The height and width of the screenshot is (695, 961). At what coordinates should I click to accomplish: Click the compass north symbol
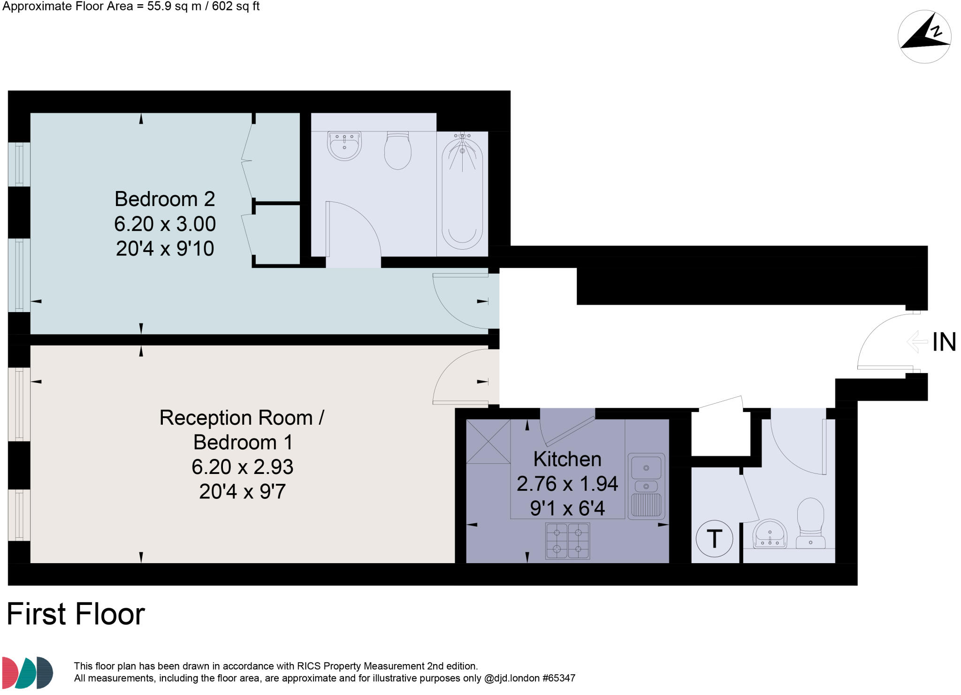pyautogui.click(x=924, y=36)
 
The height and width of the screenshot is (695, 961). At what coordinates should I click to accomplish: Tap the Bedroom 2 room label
pyautogui.click(x=165, y=199)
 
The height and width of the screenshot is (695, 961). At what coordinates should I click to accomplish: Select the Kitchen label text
pyautogui.click(x=567, y=459)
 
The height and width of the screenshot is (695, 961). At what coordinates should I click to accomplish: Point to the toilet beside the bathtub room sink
pyautogui.click(x=397, y=150)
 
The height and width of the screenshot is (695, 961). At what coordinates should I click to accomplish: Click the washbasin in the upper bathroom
pyautogui.click(x=344, y=145)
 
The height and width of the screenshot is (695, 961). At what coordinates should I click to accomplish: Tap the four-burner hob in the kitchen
pyautogui.click(x=567, y=541)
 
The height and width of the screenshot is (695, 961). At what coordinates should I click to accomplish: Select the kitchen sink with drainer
pyautogui.click(x=646, y=486)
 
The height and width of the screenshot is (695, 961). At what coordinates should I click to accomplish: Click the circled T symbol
pyautogui.click(x=714, y=538)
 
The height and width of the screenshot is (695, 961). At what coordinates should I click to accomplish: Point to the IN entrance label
pyautogui.click(x=944, y=342)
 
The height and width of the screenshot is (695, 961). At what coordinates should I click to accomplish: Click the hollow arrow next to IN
pyautogui.click(x=917, y=342)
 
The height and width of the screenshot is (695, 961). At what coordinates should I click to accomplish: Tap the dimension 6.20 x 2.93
pyautogui.click(x=242, y=467)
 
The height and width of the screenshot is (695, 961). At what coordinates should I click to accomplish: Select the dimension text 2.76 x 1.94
pyautogui.click(x=567, y=484)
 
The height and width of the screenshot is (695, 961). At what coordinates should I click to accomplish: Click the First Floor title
pyautogui.click(x=76, y=614)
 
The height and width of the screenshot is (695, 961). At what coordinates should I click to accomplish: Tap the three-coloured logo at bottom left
pyautogui.click(x=27, y=672)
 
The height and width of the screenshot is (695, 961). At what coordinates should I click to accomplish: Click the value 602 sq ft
pyautogui.click(x=236, y=7)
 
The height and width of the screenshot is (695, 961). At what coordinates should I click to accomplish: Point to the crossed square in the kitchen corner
pyautogui.click(x=488, y=441)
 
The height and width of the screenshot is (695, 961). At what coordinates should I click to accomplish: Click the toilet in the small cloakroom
pyautogui.click(x=810, y=523)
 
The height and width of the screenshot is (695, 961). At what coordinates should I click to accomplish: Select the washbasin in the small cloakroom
pyautogui.click(x=770, y=535)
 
